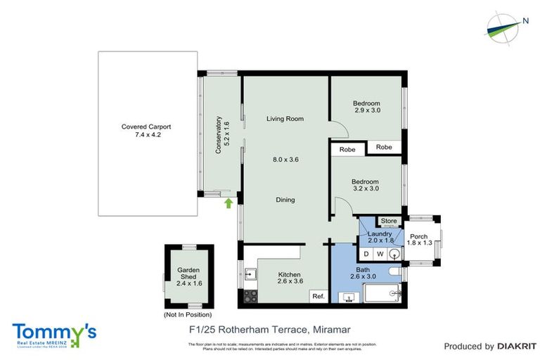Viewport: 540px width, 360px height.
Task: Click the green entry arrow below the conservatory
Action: pos(228,203)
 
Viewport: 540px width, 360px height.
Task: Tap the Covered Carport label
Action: pos(146,127)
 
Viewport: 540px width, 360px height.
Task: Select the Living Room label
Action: pos(285,119)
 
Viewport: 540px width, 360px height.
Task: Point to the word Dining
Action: pos(285,200)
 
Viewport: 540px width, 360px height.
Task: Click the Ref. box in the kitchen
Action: pos(318,297)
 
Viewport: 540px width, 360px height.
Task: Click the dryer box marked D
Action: pos(366,253)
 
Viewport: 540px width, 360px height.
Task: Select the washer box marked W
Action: pos(380,253)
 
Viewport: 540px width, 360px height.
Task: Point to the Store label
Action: pos(389,221)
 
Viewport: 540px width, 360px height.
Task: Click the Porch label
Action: pos(418,236)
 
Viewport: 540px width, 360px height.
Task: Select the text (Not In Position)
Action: pos(188,314)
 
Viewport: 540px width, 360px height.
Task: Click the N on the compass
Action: pos(525,20)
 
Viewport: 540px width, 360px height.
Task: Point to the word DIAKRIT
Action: pos(517,346)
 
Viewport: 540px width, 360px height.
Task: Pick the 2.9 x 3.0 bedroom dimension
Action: pos(367,110)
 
